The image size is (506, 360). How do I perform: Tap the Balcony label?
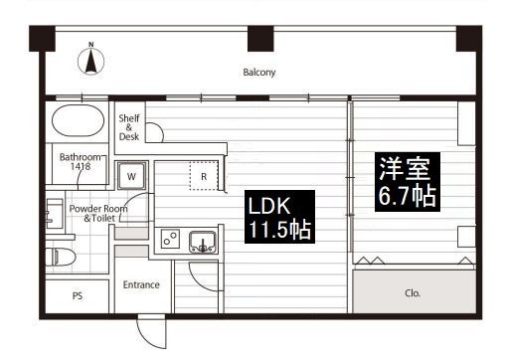pyautogui.click(x=259, y=73)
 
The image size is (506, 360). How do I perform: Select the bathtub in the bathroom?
pyautogui.click(x=78, y=120)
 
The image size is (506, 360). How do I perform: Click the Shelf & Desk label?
pyautogui.click(x=129, y=127)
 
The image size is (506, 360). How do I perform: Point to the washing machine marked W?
pyautogui.click(x=131, y=176)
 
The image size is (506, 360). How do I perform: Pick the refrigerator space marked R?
pyautogui.click(x=204, y=176)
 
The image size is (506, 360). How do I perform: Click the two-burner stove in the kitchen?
pyautogui.click(x=170, y=239)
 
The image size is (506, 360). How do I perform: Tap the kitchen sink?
pyautogui.click(x=203, y=242)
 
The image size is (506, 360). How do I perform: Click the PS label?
pyautogui.click(x=78, y=295)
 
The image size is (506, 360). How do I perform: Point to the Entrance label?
pyautogui.click(x=141, y=284)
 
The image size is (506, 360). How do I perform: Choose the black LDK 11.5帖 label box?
pyautogui.click(x=279, y=217)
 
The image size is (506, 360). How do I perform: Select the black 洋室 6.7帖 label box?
pyautogui.click(x=408, y=182)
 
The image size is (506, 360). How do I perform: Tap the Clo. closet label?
pyautogui.click(x=413, y=293)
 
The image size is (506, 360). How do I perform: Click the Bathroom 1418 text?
pyautogui.click(x=80, y=161)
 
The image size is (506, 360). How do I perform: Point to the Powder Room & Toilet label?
pyautogui.click(x=98, y=213)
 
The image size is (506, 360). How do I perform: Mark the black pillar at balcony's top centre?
pyautogui.click(x=260, y=39)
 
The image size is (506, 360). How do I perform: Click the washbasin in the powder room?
pyautogui.click(x=55, y=214)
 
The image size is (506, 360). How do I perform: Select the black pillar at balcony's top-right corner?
pyautogui.click(x=469, y=39)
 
